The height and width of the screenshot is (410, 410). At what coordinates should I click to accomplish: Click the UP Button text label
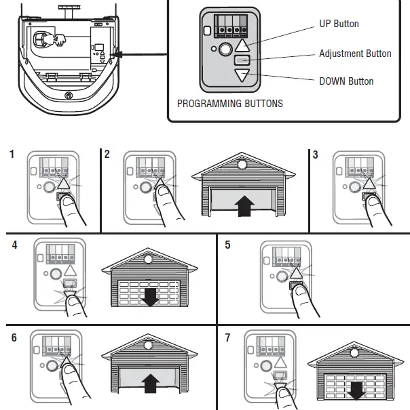339,24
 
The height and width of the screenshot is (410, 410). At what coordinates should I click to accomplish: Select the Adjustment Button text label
355,54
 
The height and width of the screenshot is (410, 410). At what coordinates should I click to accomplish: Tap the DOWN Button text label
346,81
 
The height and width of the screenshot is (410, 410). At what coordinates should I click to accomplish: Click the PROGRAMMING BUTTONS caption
229,104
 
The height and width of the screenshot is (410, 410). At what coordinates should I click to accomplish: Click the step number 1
12,155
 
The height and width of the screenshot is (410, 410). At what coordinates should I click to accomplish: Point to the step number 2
107,155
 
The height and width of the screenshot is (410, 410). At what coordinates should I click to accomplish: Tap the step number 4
14,245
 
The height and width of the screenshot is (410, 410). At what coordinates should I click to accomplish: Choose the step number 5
227,245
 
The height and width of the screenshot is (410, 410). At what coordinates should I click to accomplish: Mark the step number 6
14,336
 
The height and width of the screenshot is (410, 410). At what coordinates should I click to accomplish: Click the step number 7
227,336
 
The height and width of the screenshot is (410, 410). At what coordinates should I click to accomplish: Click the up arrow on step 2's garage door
242,205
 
